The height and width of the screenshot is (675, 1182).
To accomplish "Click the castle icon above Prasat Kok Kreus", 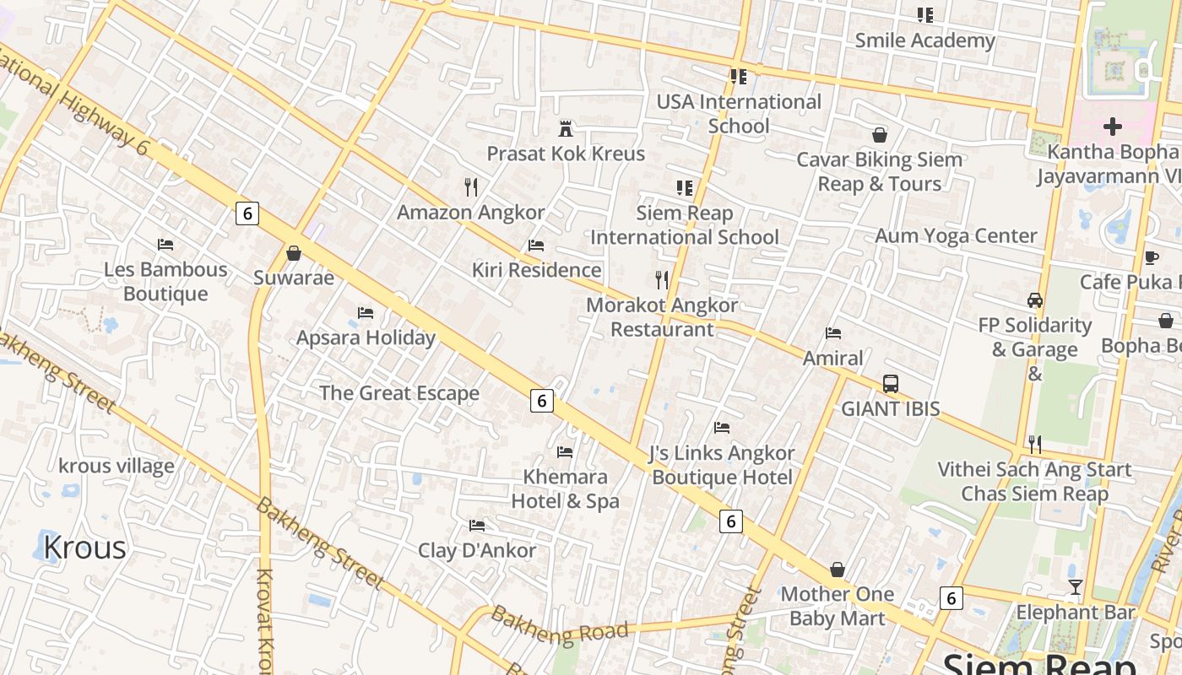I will click(566, 129).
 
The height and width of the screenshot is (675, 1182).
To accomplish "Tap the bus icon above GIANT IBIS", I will click(890, 384).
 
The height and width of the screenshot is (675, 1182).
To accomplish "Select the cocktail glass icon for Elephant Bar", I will click(1075, 587).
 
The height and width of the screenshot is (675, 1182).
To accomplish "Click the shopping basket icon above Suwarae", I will click(294, 253).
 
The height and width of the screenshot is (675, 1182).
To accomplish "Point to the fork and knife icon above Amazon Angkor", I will click(471, 186).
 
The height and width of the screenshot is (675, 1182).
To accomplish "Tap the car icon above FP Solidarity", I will click(1034, 300).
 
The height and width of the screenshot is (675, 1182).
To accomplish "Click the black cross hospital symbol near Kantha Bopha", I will click(1113, 127).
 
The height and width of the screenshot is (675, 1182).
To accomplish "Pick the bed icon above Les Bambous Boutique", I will click(165, 245).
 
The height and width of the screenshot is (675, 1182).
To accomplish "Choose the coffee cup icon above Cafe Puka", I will click(1151, 257).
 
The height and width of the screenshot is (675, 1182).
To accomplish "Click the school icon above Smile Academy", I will click(925, 15).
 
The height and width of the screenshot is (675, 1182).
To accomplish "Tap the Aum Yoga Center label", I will click(956, 236).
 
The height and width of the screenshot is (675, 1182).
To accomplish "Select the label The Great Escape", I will click(399, 393).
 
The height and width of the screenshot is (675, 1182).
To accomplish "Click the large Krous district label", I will click(84, 548).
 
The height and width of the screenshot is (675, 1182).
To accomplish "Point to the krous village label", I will click(117, 466).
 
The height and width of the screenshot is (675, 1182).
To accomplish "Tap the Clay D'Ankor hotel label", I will click(477, 551).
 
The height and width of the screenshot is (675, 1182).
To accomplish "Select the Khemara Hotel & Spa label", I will click(565, 489).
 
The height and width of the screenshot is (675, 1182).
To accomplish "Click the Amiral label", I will click(833, 359).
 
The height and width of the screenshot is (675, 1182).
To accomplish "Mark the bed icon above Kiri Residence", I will click(536, 246).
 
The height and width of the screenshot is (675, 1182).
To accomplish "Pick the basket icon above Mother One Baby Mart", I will click(838, 570).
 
